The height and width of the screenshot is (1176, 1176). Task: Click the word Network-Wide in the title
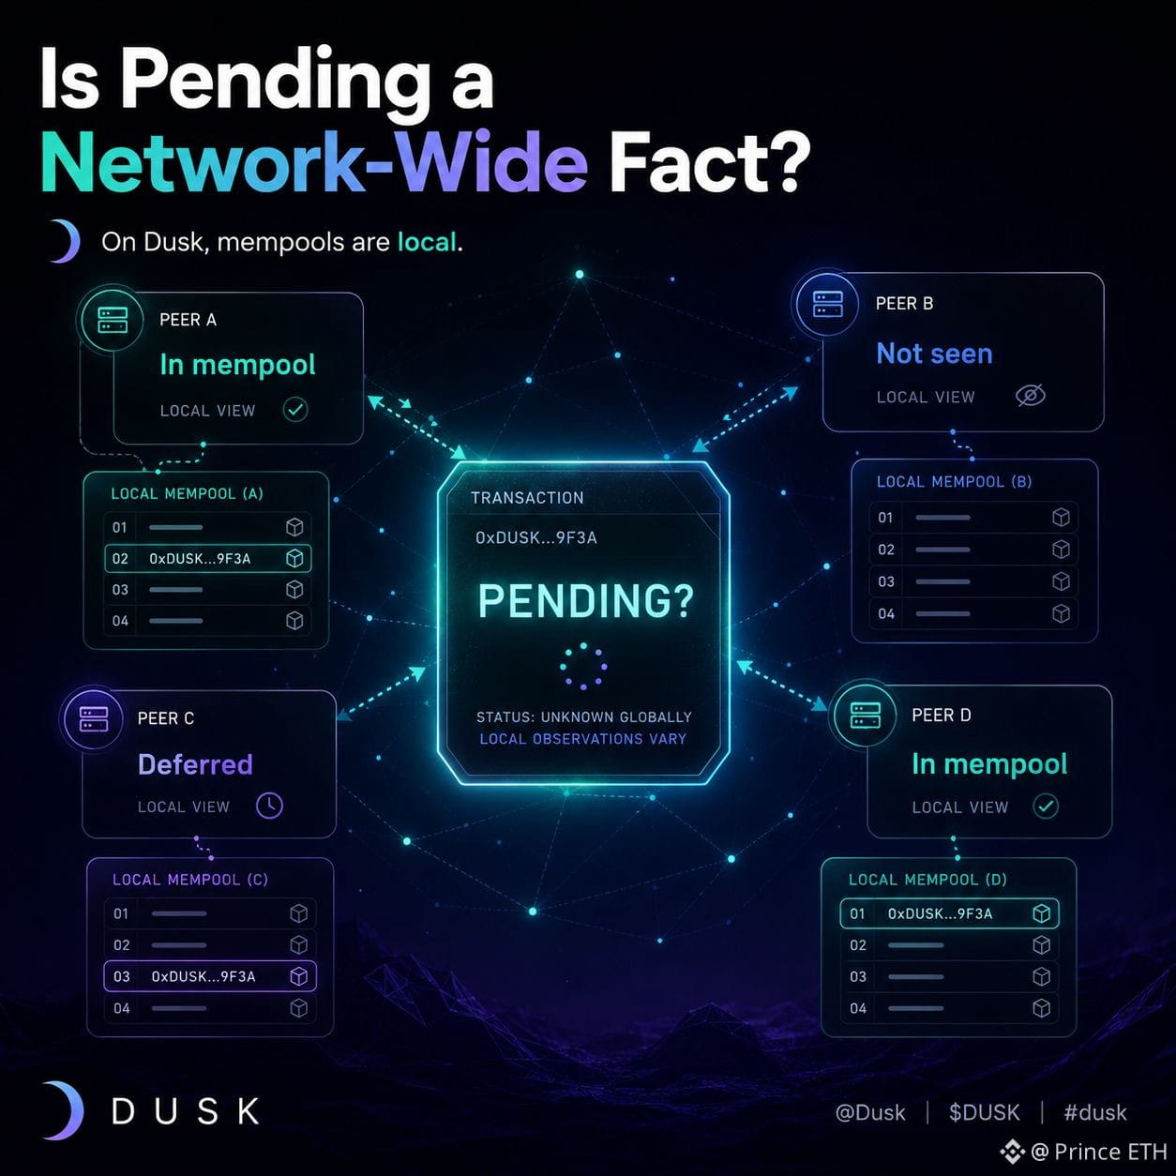tap(314, 163)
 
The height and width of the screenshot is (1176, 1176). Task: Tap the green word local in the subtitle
tap(427, 242)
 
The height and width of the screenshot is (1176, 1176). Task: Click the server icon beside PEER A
tap(113, 321)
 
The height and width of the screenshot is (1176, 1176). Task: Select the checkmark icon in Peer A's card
tap(295, 410)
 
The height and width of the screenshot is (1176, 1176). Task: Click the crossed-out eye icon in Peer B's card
tap(1030, 396)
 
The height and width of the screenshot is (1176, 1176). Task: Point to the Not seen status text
tap(934, 354)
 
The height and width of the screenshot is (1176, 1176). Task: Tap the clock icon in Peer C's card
tap(269, 806)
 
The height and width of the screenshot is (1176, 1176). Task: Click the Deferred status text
tap(195, 764)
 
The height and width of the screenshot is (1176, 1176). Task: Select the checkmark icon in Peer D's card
tap(1046, 807)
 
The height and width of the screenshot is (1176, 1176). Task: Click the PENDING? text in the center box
tap(585, 601)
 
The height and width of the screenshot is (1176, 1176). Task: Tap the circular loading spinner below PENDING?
tap(583, 666)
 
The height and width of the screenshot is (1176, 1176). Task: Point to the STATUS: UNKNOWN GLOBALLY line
tap(584, 716)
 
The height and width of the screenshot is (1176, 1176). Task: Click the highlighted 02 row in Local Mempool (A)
tap(208, 558)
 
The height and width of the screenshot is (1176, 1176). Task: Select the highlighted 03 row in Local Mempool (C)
tap(210, 976)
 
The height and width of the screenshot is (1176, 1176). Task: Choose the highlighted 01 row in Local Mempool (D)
tap(949, 913)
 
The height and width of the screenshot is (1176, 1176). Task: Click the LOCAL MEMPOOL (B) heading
tap(954, 481)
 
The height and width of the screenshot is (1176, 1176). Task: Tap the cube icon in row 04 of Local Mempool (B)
tap(1061, 613)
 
